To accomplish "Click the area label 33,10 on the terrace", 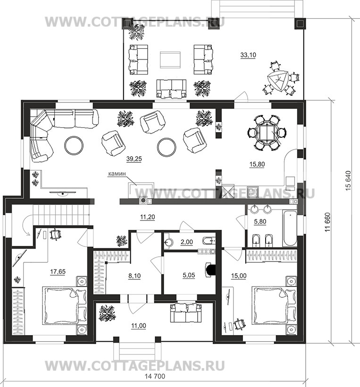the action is tap(248, 55).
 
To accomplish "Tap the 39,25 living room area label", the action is tap(134, 159).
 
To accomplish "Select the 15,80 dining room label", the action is tap(257, 164).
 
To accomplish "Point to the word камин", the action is tap(117, 174).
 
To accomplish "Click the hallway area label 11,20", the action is tap(148, 217).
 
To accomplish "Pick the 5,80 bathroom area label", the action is tap(260, 222).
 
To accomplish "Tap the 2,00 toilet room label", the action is tap(187, 242).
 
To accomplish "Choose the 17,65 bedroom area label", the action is tap(58, 272).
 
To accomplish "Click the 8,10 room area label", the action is tap(134, 276).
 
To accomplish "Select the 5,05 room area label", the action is tap(189, 275).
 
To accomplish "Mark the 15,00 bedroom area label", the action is tap(239, 276).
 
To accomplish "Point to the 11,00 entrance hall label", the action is tap(139, 326).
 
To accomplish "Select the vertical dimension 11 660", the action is tap(327, 222).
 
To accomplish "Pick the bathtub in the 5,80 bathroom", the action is tap(290, 228).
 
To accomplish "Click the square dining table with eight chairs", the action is tap(266, 133).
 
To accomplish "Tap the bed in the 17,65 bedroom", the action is tap(64, 305).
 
